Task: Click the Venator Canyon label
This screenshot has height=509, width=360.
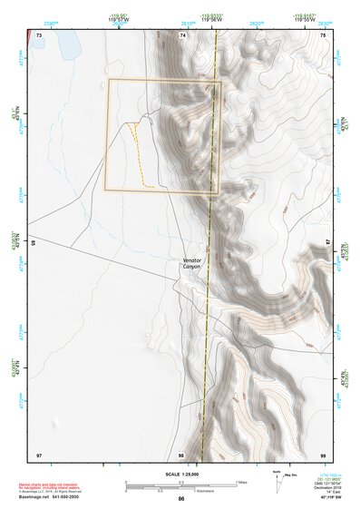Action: pyautogui.click(x=191, y=263)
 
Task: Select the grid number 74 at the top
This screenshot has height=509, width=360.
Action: pyautogui.click(x=182, y=34)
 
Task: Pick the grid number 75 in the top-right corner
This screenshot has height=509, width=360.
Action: pyautogui.click(x=323, y=34)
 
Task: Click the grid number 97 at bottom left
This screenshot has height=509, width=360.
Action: pyautogui.click(x=39, y=454)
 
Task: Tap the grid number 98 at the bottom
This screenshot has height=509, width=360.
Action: pyautogui.click(x=181, y=454)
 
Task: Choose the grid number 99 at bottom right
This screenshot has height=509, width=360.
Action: pyautogui.click(x=323, y=454)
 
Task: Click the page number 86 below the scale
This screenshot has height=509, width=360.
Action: pyautogui.click(x=181, y=500)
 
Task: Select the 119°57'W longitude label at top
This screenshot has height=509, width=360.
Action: pyautogui.click(x=120, y=19)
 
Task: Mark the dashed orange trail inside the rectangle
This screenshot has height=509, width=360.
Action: pyautogui.click(x=139, y=154)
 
